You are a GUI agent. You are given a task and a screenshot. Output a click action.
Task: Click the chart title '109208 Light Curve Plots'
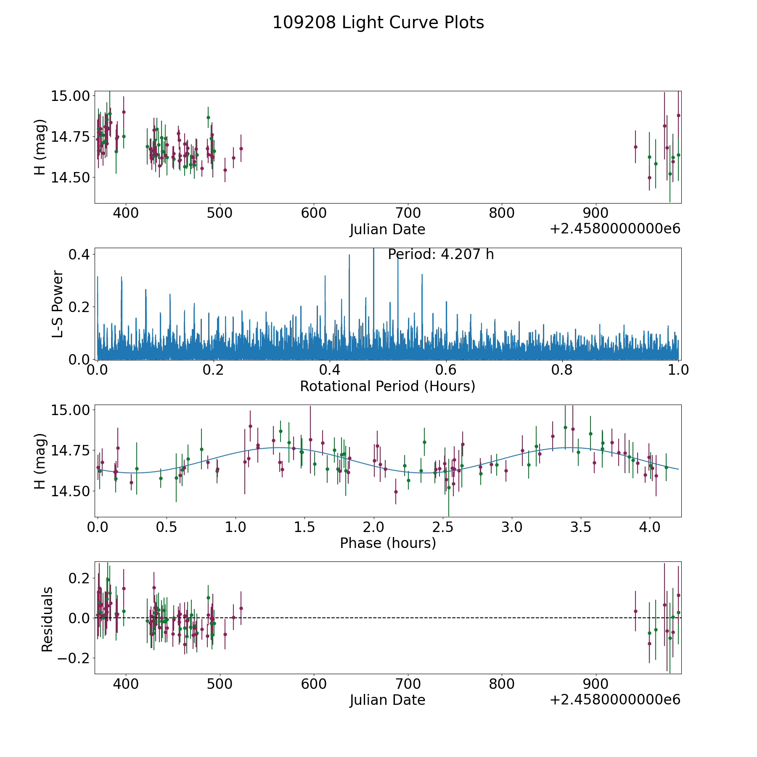pos(378,23)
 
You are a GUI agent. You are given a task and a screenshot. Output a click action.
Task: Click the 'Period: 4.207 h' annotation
pos(440,254)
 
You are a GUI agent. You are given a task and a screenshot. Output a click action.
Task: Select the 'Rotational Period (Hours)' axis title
pos(387,386)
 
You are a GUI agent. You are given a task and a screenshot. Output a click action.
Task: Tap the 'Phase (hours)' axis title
pos(387,543)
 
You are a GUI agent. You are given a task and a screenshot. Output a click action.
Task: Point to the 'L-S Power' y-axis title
pos(58,304)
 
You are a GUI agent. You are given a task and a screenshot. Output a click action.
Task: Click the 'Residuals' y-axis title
pos(47,619)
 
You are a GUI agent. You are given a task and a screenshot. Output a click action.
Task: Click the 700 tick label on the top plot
pos(408,213)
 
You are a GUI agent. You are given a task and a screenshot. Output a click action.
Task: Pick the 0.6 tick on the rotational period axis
pos(446,370)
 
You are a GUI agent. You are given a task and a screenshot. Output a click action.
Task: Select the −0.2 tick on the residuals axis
pos(75,658)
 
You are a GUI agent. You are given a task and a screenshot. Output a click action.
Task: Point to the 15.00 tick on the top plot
pos(70,96)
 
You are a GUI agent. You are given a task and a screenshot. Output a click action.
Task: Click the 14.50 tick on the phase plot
pos(70,491)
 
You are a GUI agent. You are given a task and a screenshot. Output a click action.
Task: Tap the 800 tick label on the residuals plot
pos(502,684)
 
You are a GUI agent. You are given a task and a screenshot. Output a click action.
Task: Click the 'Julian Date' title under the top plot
pos(387,230)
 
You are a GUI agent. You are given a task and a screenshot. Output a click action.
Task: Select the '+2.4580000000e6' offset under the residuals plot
pos(615,700)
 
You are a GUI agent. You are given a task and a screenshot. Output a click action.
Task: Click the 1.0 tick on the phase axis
pos(236,527)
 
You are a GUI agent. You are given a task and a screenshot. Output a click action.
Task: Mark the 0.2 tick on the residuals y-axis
pos(79,578)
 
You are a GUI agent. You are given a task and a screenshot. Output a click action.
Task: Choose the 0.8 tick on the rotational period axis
pos(562,370)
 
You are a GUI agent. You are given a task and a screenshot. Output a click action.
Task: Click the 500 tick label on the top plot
pos(220,213)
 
